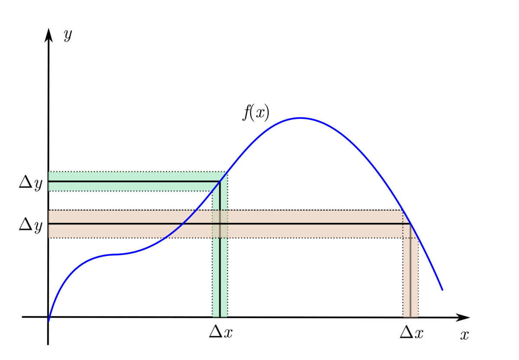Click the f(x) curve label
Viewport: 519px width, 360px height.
click(256, 113)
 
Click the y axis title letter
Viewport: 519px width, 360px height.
click(67, 35)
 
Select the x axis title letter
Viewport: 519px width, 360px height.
click(465, 335)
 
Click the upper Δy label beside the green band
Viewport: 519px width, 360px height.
click(31, 183)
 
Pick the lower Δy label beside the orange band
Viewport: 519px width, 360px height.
click(31, 225)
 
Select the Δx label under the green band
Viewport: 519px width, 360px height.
click(221, 332)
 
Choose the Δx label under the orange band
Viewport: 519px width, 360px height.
click(411, 332)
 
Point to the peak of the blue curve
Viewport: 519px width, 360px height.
click(300, 118)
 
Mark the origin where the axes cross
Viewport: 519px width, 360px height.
click(48, 317)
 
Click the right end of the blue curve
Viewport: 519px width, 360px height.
click(442, 289)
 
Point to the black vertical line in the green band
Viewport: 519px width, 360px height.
click(220, 268)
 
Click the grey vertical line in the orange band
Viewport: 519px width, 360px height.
click(410, 277)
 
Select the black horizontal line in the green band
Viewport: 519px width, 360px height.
click(130, 181)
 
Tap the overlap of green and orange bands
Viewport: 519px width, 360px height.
click(220, 224)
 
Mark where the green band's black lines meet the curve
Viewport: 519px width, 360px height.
click(220, 181)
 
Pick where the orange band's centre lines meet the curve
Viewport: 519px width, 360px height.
click(410, 224)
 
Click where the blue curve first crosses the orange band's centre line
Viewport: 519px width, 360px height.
click(183, 224)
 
